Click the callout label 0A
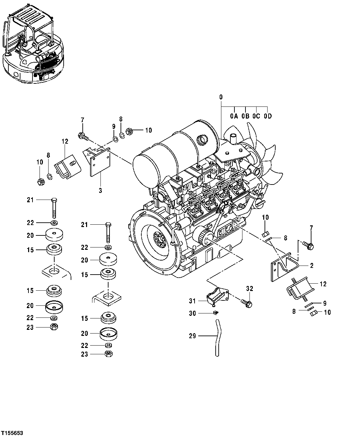point(234,116)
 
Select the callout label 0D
point(267,116)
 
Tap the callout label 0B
point(245,116)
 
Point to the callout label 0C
point(256,116)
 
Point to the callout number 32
point(250,288)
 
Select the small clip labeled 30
point(216,313)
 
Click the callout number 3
point(100,190)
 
